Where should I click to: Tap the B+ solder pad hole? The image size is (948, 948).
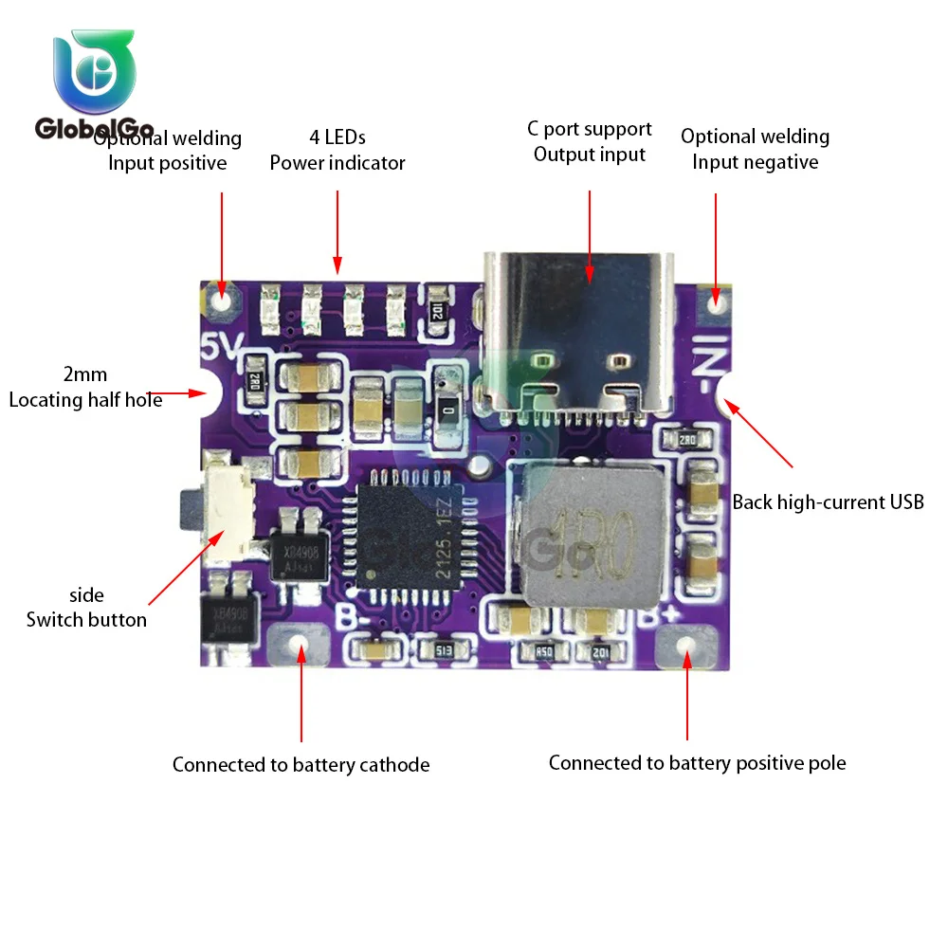(x=688, y=647)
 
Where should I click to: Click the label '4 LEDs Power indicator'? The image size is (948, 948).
(x=337, y=150)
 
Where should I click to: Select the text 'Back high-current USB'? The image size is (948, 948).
(x=828, y=502)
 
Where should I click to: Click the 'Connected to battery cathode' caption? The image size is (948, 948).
(x=301, y=764)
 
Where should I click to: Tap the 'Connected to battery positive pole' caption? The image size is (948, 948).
(x=697, y=763)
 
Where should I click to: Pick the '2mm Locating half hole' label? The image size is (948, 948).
(x=85, y=388)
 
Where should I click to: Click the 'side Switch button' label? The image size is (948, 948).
(x=86, y=608)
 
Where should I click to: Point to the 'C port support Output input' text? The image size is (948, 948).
(x=590, y=141)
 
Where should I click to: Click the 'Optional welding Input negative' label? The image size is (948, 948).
(x=755, y=149)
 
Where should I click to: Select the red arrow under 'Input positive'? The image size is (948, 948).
(x=222, y=242)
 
